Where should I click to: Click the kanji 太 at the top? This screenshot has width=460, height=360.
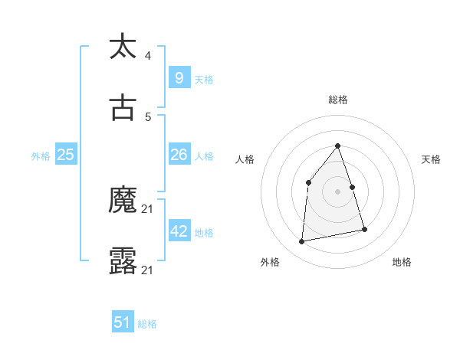(123, 47)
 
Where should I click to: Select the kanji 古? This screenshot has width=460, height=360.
(123, 109)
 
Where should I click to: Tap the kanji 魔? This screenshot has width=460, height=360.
(123, 201)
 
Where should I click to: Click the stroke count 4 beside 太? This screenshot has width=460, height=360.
(147, 55)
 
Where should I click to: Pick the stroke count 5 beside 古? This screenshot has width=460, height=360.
(147, 117)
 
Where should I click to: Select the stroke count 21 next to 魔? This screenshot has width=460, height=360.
(149, 209)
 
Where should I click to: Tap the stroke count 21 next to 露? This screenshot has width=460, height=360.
(149, 270)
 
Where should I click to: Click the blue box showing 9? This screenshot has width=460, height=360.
(179, 77)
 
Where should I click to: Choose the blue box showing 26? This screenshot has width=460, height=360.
(179, 155)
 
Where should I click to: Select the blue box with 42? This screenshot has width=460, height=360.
(179, 231)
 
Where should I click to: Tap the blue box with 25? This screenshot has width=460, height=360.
(66, 155)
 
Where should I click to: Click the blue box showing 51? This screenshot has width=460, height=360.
(123, 322)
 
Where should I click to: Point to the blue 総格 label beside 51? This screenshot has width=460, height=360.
(147, 324)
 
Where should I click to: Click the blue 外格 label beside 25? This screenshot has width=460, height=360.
(41, 156)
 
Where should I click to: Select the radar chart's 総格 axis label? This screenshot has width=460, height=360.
(338, 100)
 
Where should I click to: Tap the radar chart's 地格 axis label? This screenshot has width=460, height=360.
(402, 262)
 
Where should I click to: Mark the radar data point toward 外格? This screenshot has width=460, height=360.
(302, 242)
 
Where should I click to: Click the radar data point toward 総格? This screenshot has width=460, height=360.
(338, 146)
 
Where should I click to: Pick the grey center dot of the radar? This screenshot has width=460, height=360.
(338, 191)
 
